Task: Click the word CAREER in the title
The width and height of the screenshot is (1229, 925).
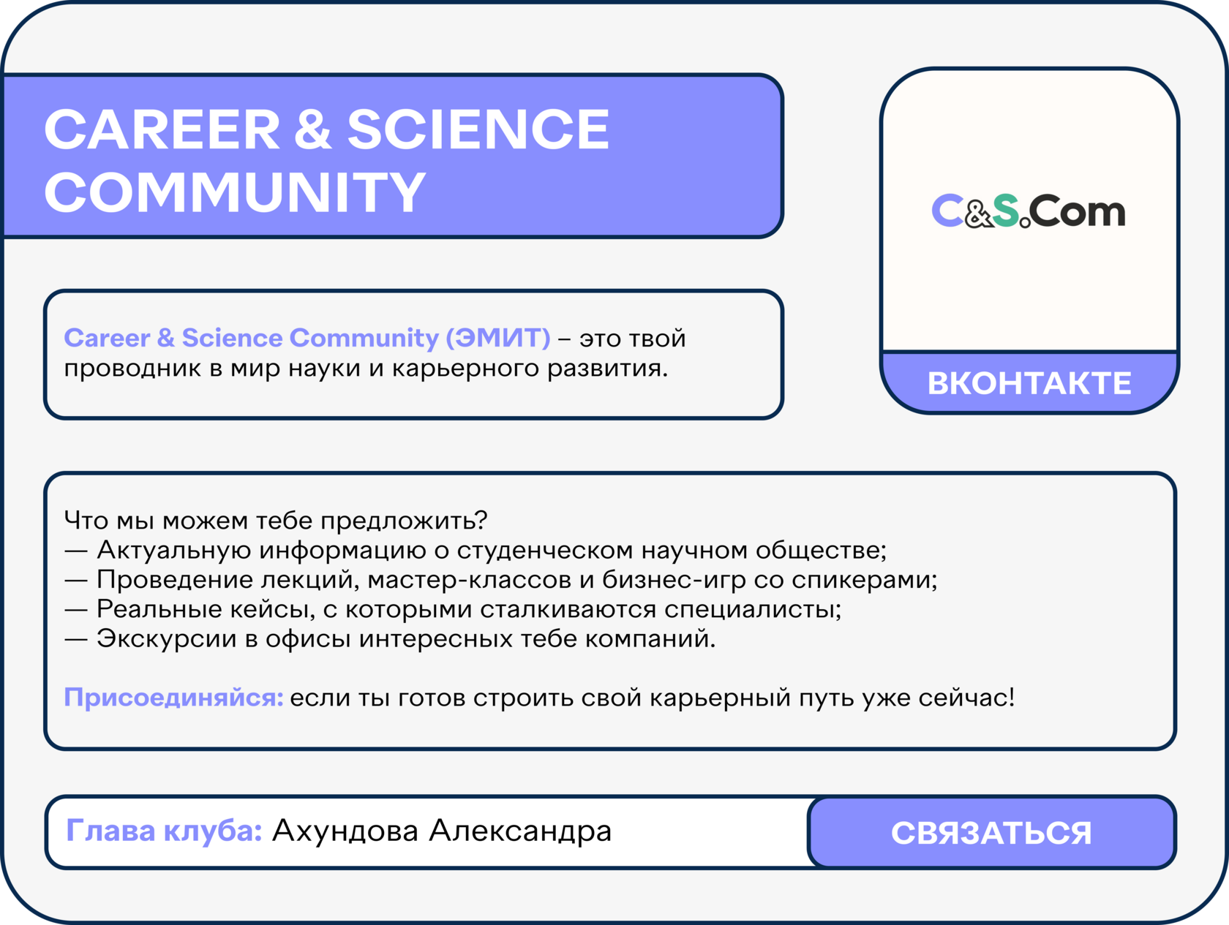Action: (162, 129)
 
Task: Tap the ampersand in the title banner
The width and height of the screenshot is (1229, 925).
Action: (313, 129)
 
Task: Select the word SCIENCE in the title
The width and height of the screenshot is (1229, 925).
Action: (478, 129)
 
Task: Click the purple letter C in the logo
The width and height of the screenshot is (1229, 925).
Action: (947, 211)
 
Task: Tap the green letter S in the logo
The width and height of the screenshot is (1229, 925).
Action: (1006, 211)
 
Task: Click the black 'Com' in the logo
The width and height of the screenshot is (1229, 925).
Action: (1077, 211)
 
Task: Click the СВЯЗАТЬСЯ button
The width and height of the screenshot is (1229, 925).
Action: (991, 833)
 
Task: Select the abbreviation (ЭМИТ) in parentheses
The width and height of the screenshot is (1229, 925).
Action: (497, 338)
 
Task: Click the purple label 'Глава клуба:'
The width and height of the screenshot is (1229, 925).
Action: (164, 831)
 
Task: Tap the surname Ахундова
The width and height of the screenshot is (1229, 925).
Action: (345, 831)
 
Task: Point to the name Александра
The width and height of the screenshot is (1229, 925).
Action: (520, 831)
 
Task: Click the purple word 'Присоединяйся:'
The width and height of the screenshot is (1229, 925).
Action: (173, 698)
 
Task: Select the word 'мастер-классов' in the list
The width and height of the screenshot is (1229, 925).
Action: (470, 580)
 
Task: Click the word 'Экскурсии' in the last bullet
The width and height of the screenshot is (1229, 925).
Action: (166, 638)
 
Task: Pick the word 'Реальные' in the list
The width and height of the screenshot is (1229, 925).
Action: (159, 609)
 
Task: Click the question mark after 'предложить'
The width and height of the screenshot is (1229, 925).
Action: (481, 521)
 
